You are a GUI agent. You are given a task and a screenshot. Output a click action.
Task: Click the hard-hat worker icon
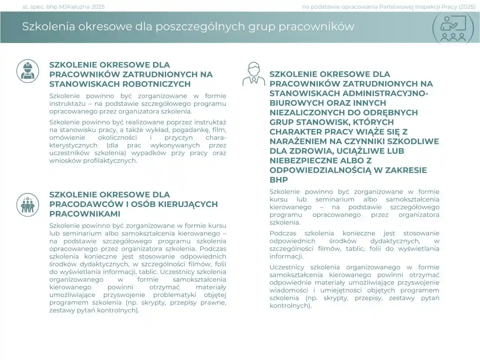click(28, 71)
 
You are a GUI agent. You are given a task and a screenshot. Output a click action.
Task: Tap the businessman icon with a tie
click(253, 74)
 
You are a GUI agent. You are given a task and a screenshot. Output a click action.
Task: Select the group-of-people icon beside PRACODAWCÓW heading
click(28, 205)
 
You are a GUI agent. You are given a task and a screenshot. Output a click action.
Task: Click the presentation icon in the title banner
click(453, 28)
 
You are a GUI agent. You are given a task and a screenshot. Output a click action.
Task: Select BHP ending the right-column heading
click(279, 180)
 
